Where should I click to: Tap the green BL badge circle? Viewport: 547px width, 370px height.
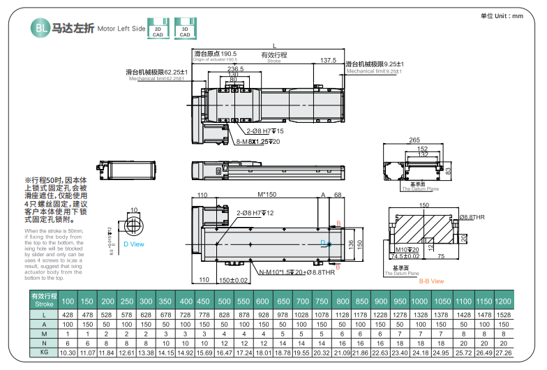(x=38, y=28)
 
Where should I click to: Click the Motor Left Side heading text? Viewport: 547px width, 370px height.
(x=121, y=29)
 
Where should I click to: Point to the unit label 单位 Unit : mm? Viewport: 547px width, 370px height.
(x=502, y=15)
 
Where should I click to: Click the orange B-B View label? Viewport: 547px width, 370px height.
(x=431, y=281)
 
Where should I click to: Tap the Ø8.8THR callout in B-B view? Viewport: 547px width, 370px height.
(x=472, y=218)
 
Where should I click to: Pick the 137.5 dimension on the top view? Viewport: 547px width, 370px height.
(x=328, y=61)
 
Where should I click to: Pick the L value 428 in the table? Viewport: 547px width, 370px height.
(x=68, y=315)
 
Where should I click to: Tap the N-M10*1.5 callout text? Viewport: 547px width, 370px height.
(x=277, y=273)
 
